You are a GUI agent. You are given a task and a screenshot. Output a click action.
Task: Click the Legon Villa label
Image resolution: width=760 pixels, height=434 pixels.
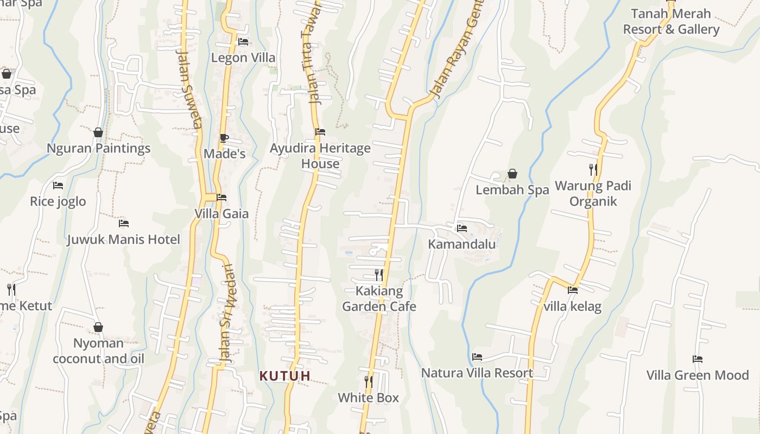[x=243, y=58]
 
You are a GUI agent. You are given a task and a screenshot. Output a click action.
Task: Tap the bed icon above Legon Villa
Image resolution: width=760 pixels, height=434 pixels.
[x=243, y=41]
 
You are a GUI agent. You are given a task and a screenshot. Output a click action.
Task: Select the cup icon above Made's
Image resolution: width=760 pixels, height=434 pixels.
[x=224, y=138]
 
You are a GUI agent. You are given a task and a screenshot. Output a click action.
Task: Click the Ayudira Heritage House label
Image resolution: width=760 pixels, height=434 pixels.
[x=320, y=156]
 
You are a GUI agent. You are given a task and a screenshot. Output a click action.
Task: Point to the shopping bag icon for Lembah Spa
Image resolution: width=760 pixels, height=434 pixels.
[x=512, y=174]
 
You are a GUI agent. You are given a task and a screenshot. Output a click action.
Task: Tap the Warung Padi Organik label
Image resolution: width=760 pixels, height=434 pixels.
[x=593, y=194]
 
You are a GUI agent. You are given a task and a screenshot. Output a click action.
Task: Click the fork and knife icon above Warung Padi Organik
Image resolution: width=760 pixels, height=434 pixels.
[x=593, y=170]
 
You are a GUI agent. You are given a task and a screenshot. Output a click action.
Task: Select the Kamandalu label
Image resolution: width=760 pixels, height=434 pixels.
[x=461, y=244]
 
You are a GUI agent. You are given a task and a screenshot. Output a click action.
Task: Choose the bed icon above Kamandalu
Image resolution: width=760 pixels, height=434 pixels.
[x=461, y=228]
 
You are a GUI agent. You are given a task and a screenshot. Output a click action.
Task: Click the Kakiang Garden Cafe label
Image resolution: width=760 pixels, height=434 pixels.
[x=379, y=298]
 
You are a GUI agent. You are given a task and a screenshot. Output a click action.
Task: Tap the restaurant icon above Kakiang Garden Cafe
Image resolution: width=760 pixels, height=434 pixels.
[x=379, y=275]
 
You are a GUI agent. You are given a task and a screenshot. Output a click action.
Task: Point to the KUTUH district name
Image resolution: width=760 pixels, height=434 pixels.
[x=285, y=375]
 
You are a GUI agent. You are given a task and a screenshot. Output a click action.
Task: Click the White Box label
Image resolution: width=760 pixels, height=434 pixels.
[x=368, y=398]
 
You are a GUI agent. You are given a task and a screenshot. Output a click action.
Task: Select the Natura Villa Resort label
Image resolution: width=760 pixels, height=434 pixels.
[x=477, y=373]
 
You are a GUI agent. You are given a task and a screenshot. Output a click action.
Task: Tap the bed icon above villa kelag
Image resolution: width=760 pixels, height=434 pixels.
[x=572, y=290]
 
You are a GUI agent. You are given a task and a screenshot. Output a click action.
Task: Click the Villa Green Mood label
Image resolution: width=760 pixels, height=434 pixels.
[x=697, y=375]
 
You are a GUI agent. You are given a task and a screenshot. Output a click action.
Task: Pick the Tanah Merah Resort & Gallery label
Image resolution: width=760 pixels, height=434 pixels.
[x=671, y=22]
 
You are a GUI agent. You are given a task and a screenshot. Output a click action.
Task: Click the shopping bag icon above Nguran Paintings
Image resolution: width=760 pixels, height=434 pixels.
[x=98, y=132]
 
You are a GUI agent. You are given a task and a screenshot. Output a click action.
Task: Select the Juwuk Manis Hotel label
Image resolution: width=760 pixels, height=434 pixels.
[x=123, y=239]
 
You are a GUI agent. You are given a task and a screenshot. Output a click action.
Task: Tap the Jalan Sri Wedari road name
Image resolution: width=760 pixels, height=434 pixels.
[x=226, y=313]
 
